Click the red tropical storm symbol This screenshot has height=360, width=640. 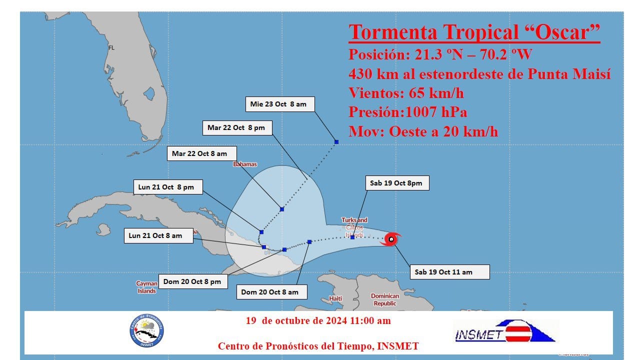391,239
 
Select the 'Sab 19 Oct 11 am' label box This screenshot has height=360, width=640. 450,272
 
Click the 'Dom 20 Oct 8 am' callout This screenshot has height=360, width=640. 269,292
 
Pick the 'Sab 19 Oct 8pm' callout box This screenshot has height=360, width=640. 396,183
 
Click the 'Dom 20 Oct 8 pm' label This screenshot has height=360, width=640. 192,281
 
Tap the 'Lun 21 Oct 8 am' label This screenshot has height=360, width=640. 155,235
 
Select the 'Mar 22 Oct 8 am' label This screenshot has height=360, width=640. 199,153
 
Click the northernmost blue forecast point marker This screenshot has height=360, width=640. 336,142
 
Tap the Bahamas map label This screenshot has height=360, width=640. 245,164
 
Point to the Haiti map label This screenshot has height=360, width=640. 335,298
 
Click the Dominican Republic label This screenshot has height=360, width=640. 385,299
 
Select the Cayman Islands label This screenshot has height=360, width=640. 146,287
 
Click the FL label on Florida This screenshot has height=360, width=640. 111,48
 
